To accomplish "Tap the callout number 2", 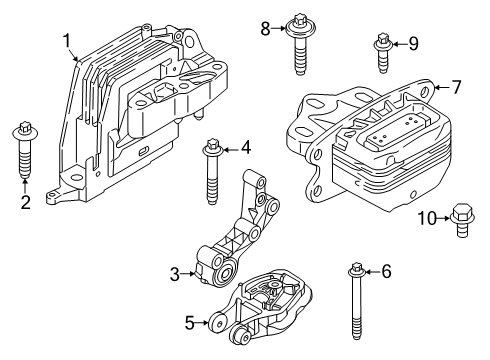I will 25,202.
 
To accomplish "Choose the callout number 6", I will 386,270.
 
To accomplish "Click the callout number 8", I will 264,29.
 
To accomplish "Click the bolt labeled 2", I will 24,149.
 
